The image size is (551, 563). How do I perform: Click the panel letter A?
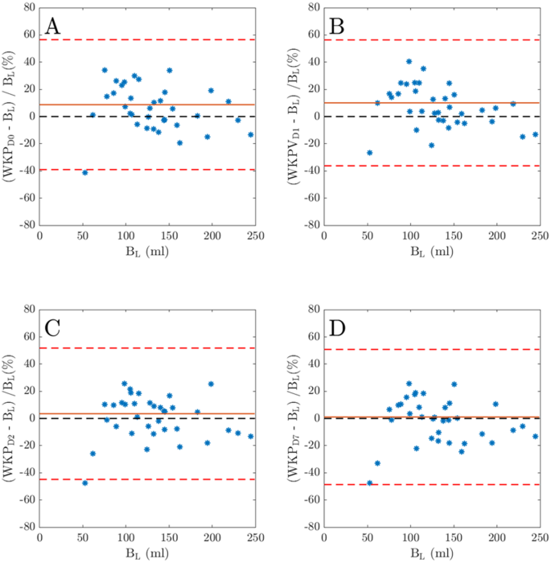coord(53,27)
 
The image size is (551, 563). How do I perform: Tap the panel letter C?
coord(53,328)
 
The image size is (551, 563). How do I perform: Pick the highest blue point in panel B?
coord(409,61)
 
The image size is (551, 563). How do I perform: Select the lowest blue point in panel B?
coord(369,153)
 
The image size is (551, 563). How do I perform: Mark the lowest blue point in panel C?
coord(84,483)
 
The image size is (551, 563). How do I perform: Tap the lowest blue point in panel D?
coord(369,483)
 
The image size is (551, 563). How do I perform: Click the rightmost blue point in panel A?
coord(250,134)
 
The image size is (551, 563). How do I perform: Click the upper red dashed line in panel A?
coord(147,39)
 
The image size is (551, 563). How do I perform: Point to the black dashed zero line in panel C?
coord(147,418)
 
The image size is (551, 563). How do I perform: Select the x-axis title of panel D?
coord(431,554)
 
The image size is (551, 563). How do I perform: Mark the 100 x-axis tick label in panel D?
coord(410,538)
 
